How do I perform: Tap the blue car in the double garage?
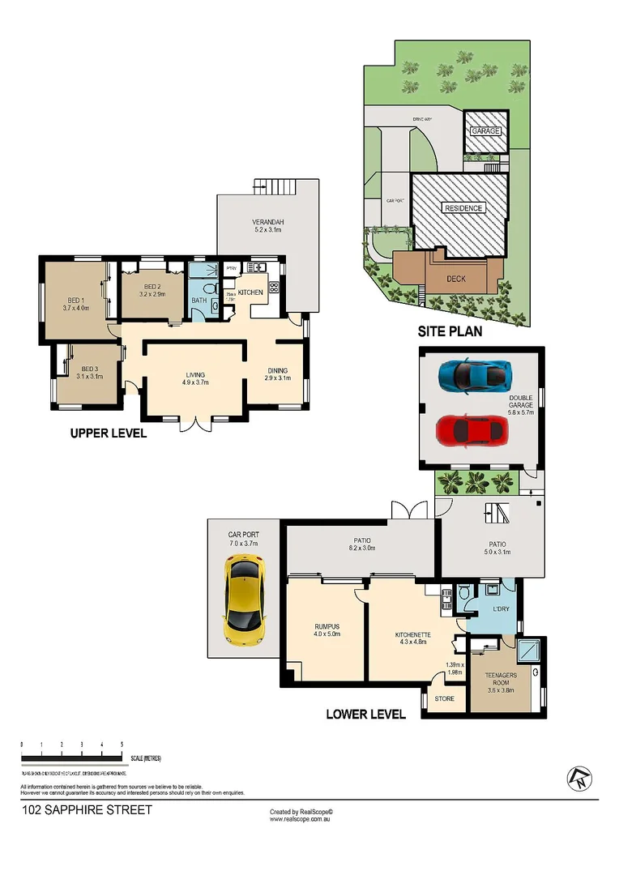475,375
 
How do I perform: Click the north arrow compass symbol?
579,779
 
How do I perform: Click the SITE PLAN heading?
450,331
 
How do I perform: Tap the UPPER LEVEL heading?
109,433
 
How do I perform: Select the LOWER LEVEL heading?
365,714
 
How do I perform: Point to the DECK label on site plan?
456,279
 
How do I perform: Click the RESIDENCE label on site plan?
463,208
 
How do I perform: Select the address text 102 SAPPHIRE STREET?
87,809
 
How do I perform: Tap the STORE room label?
445,698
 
